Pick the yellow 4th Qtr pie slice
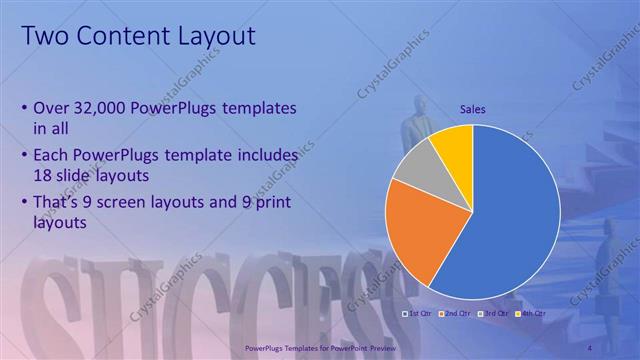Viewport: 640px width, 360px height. click(x=456, y=145)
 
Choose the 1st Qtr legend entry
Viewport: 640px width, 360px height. click(x=419, y=314)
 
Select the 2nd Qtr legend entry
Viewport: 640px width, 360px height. click(x=458, y=314)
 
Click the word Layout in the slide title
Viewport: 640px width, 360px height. click(x=214, y=37)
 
